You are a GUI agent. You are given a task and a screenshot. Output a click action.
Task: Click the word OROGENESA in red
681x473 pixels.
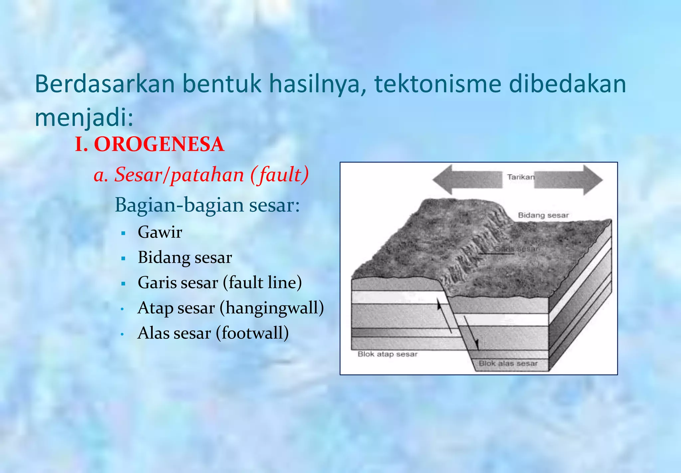(159, 144)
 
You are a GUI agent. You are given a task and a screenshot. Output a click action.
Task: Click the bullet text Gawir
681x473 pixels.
(160, 232)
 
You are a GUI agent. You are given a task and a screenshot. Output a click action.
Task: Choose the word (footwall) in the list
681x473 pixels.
(252, 333)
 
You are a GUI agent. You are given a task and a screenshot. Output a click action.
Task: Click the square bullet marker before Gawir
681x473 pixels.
(123, 233)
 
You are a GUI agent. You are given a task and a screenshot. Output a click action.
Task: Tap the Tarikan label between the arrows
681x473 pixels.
(520, 177)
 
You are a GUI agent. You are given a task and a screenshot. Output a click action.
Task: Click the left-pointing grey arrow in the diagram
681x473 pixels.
(467, 180)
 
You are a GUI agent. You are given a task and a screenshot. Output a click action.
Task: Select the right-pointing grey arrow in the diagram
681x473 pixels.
(569, 180)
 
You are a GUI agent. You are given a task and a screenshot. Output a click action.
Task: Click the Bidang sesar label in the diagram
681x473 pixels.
(543, 215)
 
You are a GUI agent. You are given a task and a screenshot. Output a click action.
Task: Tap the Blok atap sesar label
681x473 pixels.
(387, 354)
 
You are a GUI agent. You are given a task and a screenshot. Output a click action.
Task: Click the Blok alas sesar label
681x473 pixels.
(508, 363)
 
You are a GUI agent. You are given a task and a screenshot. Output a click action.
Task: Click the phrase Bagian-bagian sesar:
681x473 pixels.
(207, 205)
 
